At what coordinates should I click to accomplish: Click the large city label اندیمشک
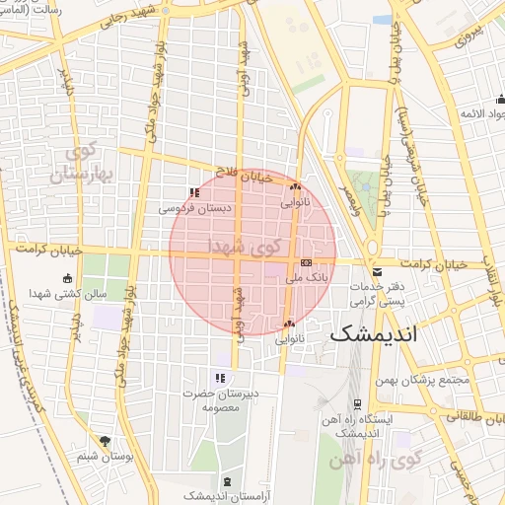(x=374, y=333)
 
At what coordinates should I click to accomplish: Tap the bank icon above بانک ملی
(x=306, y=263)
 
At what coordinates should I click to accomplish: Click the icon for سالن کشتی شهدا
(x=67, y=278)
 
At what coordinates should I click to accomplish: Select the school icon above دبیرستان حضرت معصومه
(x=220, y=378)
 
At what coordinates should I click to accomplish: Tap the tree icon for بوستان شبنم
(x=105, y=441)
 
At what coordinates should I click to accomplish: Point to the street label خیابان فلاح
(x=244, y=170)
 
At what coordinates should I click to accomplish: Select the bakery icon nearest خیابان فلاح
(x=294, y=185)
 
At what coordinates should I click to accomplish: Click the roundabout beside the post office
(x=373, y=247)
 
